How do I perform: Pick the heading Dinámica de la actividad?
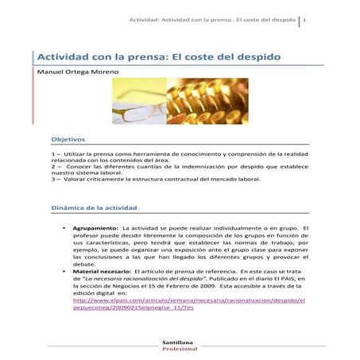[95, 207]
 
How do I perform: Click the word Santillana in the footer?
[179, 343]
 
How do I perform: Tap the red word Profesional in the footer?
[179, 349]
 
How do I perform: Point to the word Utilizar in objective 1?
[72, 151]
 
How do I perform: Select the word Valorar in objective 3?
[73, 179]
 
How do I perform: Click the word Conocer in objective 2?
[78, 165]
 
